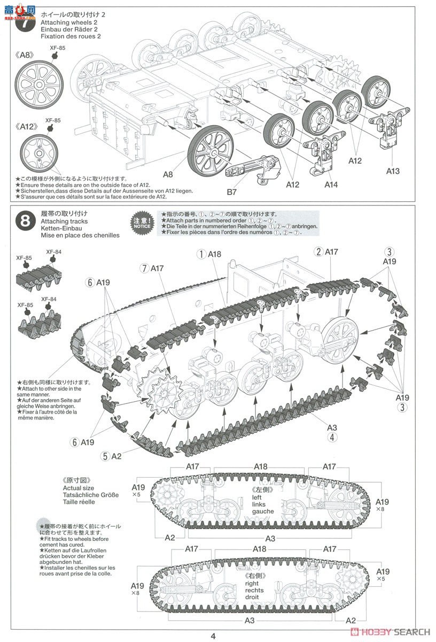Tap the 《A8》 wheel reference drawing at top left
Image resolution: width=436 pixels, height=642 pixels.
coord(38,85)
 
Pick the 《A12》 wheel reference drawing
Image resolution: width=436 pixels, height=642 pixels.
coord(39,153)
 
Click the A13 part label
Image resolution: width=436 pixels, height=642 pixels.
coord(392,171)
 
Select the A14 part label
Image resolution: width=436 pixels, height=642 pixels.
coord(331,185)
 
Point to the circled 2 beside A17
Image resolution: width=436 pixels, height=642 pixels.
coord(318,251)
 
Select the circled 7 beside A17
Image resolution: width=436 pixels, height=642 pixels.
coord(143,267)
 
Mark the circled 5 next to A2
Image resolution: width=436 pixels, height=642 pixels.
coord(106,456)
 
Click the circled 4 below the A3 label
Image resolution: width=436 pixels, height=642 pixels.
coord(332,437)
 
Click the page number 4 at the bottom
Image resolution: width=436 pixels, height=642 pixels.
coord(213,636)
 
